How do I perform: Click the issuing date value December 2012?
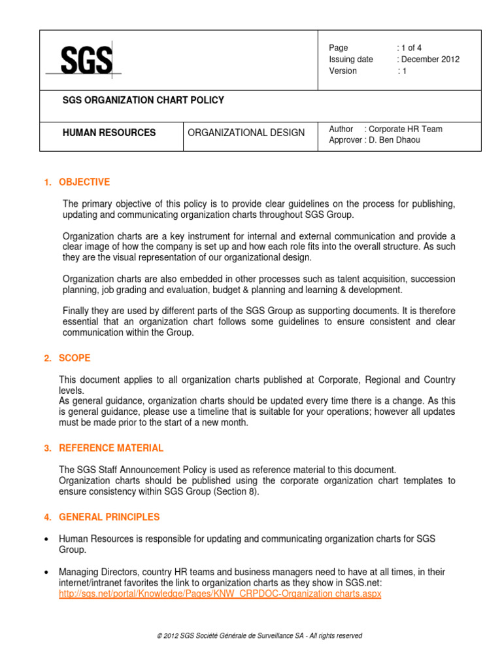tap(429, 60)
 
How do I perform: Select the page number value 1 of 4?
tap(412, 48)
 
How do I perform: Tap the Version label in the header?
tap(343, 71)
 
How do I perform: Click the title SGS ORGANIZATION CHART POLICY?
tap(142, 101)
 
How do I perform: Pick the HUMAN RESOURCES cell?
tap(109, 133)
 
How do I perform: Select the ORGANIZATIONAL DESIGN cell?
tap(246, 133)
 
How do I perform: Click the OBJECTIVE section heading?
tap(84, 183)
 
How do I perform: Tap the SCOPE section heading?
tap(75, 359)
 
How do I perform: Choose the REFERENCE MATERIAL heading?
tap(111, 448)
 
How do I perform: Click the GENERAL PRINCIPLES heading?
tap(109, 517)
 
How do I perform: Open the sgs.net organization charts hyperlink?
tap(220, 594)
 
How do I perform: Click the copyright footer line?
tap(250, 635)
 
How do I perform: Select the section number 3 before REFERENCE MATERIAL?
tap(47, 449)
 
